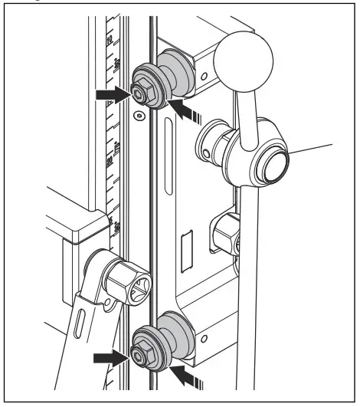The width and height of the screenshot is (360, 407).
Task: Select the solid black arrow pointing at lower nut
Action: point(110,356)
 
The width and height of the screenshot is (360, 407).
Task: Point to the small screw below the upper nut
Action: point(138,116)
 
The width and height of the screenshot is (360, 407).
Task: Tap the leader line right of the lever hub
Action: point(314,151)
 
